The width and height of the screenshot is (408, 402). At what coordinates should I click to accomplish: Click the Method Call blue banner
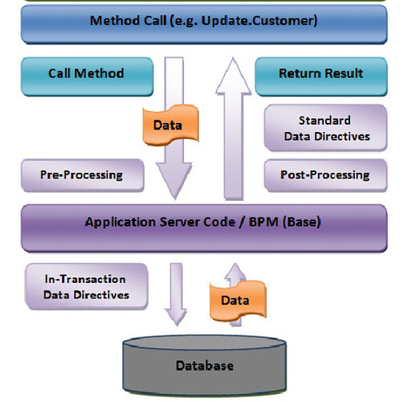tap(204, 24)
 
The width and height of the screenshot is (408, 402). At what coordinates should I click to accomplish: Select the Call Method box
tap(87, 76)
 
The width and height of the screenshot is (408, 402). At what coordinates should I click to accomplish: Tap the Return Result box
tap(321, 76)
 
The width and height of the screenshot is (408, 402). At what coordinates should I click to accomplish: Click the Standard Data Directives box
tap(325, 128)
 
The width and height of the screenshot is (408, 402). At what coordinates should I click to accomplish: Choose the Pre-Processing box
tap(83, 175)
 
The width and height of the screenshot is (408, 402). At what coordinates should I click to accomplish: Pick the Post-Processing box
tap(325, 175)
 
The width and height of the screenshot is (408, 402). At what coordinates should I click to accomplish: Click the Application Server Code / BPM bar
tap(204, 228)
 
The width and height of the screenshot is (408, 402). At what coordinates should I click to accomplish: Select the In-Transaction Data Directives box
tap(86, 286)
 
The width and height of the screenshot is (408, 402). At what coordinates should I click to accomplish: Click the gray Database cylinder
tap(205, 365)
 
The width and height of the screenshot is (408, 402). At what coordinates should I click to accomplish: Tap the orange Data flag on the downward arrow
tap(170, 125)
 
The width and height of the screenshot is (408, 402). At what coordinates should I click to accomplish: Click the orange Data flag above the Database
tap(238, 301)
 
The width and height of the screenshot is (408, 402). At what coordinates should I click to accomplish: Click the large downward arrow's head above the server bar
tap(174, 180)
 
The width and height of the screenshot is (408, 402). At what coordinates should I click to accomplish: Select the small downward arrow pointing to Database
tap(176, 294)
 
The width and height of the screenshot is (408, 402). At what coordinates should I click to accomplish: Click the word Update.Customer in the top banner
tap(259, 21)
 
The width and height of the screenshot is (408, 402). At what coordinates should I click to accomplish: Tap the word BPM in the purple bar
tap(263, 222)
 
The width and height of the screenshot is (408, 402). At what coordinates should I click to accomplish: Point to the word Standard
tap(324, 121)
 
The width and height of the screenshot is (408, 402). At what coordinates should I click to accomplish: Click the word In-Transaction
tap(85, 279)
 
